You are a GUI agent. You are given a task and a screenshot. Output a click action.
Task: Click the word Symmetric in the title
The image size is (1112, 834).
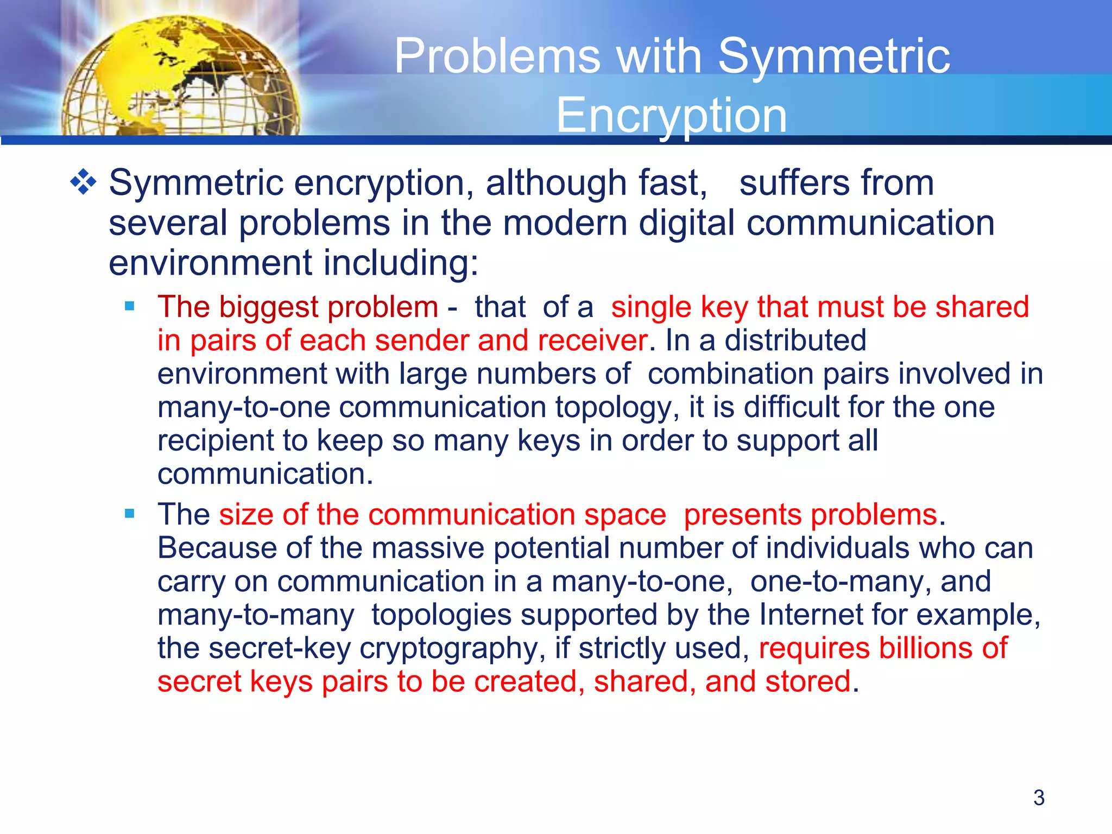click(x=834, y=56)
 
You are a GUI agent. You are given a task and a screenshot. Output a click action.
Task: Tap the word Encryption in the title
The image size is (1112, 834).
click(x=672, y=115)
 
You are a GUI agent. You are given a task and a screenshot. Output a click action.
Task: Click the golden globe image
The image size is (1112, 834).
click(x=179, y=76)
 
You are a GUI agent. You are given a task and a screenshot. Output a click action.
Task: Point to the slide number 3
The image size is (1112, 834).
click(x=1039, y=798)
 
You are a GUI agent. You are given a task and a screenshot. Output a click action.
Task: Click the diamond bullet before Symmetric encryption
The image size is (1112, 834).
click(x=83, y=182)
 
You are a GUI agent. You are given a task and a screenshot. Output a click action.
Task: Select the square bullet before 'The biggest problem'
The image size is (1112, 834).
click(x=129, y=306)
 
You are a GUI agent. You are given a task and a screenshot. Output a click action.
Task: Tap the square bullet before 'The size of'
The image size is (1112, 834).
click(x=129, y=514)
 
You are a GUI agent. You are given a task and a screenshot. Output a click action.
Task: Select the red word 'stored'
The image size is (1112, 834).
click(x=807, y=681)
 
